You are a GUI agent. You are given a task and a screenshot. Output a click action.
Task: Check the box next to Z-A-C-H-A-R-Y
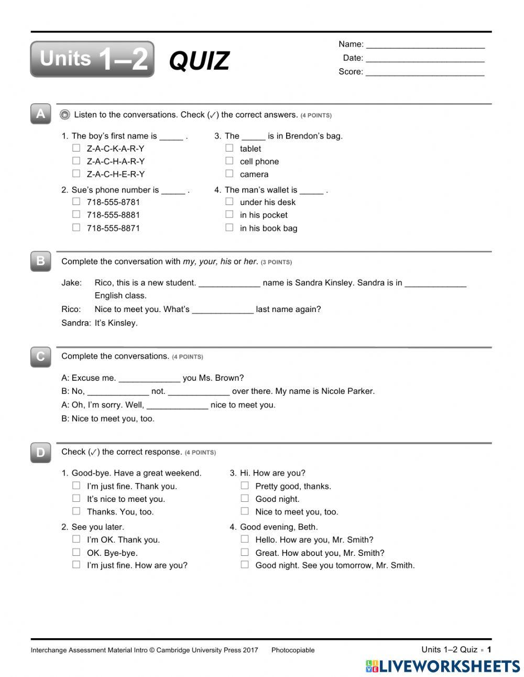(77, 161)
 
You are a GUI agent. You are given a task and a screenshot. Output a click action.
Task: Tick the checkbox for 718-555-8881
(77, 214)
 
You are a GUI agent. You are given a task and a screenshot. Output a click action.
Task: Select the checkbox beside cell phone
(230, 161)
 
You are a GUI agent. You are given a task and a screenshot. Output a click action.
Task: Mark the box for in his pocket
(230, 214)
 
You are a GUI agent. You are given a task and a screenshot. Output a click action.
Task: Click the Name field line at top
(425, 45)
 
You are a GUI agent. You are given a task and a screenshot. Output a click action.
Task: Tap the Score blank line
(425, 72)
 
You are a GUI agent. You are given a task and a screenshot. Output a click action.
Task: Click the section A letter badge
(41, 114)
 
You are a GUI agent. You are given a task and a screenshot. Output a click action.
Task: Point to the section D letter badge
(41, 452)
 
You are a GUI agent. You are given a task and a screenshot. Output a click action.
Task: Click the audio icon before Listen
(65, 114)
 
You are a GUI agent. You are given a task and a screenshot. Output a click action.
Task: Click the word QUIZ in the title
(199, 61)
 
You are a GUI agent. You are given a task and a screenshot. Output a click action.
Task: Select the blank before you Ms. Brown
(149, 378)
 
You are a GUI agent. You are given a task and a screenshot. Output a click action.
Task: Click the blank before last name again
(223, 309)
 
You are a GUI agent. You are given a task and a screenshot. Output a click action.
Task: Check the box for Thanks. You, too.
(77, 511)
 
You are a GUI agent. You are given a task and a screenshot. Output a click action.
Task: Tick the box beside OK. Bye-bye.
(77, 552)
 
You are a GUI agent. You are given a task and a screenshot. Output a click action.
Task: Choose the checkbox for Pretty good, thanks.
(245, 486)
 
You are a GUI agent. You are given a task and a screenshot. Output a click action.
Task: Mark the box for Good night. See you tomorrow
(245, 565)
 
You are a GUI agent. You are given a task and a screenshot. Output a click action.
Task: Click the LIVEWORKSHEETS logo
(443, 666)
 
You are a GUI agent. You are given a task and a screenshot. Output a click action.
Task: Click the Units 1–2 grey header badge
(92, 59)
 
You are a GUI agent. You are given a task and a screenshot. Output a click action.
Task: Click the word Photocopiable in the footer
(293, 650)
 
